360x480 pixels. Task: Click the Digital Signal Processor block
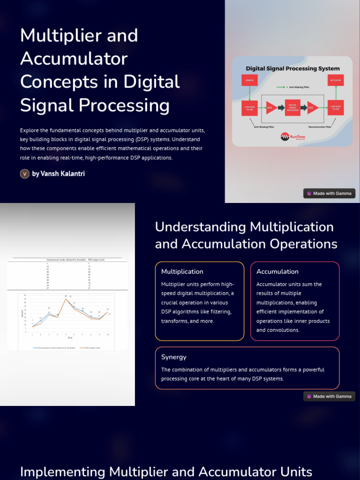292,107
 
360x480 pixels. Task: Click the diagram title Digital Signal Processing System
292,68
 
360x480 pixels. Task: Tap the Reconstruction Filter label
320,127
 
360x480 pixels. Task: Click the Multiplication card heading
182,271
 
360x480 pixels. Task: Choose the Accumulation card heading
277,271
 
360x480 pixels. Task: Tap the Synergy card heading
174,357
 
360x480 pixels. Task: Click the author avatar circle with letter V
25,174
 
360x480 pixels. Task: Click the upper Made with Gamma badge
329,193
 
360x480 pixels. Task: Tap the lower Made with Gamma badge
329,396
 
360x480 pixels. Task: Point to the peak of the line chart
66,299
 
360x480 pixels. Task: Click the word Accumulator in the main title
74,59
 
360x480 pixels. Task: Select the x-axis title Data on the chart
70,337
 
